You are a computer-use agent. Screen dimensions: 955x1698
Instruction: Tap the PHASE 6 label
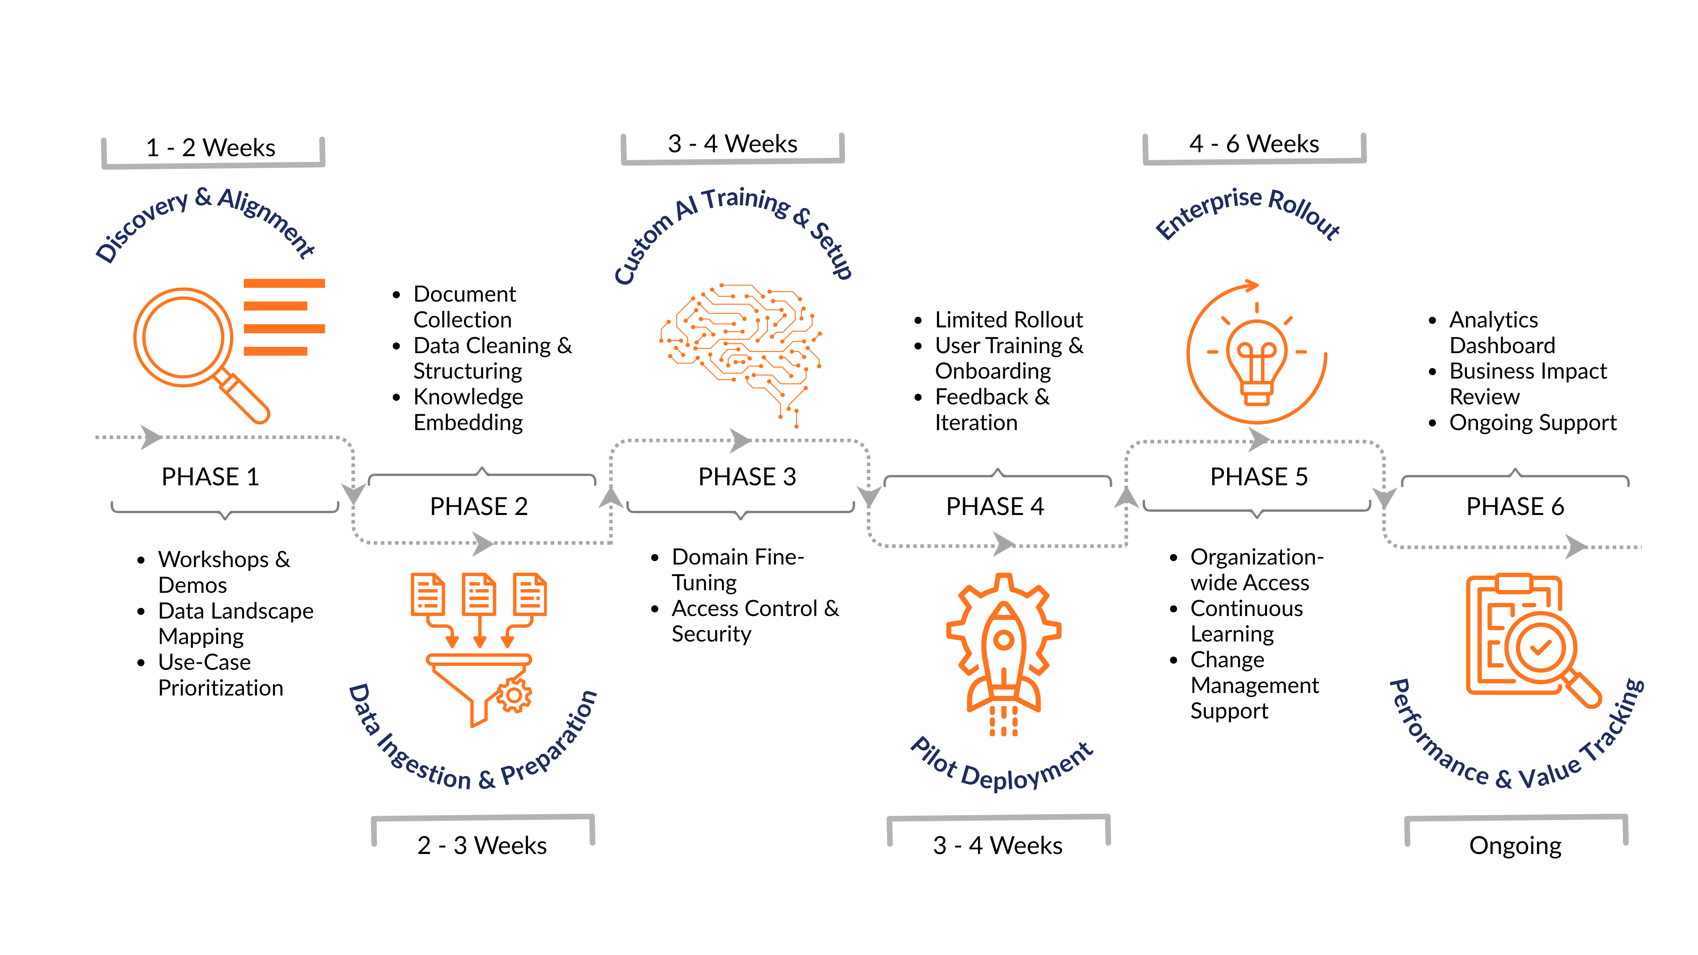1515,506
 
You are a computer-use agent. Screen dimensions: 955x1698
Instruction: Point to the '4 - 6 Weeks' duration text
1254,144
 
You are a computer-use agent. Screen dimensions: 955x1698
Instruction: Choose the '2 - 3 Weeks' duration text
482,845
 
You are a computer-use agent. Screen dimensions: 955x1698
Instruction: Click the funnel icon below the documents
478,685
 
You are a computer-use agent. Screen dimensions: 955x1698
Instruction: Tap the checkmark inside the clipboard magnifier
1540,648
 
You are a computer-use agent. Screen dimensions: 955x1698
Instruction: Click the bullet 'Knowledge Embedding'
468,409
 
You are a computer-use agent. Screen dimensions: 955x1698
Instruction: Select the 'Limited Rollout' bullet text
1009,320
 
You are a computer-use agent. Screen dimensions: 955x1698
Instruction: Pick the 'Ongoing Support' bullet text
1532,422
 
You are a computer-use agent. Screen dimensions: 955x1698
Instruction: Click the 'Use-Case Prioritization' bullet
220,675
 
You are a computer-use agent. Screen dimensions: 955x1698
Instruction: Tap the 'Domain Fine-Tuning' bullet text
737,569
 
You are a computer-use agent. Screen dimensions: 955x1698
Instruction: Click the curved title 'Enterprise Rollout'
1248,211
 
